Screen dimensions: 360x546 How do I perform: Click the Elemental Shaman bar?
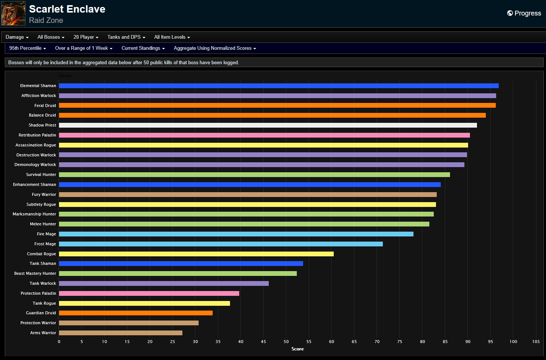point(279,86)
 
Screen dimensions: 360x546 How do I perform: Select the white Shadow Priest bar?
point(268,125)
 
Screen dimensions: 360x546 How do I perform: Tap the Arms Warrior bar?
point(120,333)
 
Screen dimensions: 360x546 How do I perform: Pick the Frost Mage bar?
point(221,244)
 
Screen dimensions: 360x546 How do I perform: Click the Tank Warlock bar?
point(164,283)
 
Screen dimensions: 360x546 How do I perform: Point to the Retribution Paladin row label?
point(37,135)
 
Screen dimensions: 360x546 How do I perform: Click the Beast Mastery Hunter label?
point(35,273)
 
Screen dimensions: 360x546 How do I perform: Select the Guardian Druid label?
point(41,313)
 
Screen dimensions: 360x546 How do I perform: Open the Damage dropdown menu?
point(17,37)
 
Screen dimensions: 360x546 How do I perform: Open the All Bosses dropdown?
point(51,37)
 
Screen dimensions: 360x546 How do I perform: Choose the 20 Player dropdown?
point(86,37)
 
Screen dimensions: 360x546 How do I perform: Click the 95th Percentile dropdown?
point(28,48)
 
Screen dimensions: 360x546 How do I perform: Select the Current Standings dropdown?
point(143,48)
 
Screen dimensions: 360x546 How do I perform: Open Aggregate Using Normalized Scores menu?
point(214,48)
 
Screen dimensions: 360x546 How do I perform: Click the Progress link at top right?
point(524,13)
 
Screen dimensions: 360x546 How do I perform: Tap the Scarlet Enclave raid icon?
point(13,13)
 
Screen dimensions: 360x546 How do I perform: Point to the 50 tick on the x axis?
point(286,342)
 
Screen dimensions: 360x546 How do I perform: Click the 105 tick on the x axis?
point(536,342)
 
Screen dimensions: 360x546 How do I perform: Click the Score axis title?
point(298,349)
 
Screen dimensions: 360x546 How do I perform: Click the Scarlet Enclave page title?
point(67,9)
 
